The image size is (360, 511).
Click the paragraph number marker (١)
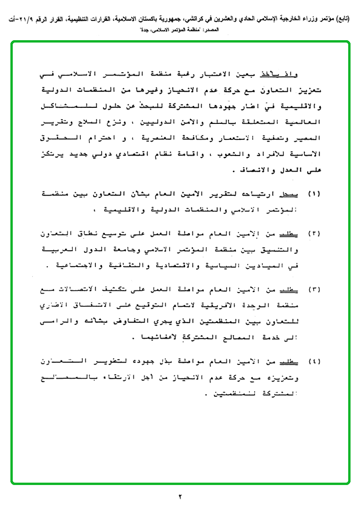314,194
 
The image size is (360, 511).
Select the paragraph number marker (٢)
314,234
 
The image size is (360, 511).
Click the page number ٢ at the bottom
180,496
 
